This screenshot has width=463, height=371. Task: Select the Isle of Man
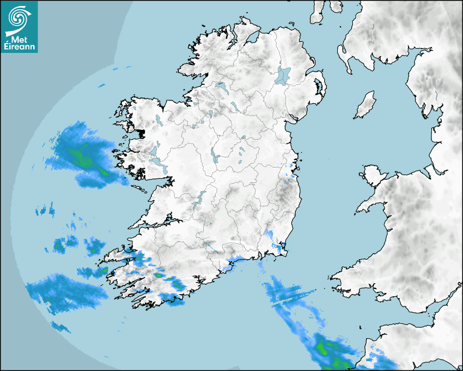point(365,105)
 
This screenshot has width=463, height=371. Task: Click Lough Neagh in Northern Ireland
point(283,75)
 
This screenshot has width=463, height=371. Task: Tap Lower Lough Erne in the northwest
point(221,87)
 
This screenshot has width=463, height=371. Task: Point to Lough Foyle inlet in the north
point(251,38)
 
